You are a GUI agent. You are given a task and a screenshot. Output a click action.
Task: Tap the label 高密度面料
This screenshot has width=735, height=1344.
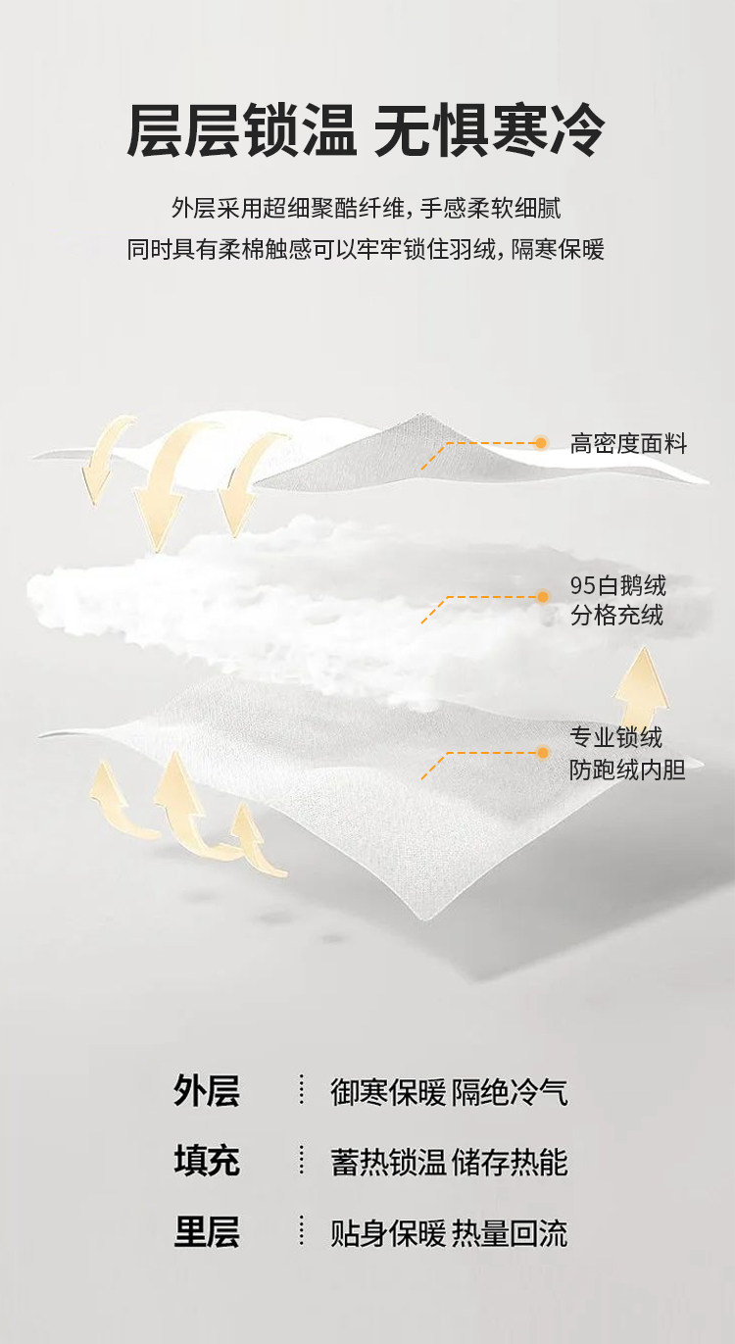pos(628,444)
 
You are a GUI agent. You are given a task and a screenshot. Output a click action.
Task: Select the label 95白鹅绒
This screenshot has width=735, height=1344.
pos(618,586)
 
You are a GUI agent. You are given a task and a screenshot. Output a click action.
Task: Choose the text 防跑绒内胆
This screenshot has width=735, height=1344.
pos(627,770)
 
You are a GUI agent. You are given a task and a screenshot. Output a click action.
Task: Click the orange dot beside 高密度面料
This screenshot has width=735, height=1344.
pos(541,443)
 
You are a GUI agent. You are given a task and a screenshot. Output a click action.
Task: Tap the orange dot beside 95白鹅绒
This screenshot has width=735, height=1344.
pos(541,596)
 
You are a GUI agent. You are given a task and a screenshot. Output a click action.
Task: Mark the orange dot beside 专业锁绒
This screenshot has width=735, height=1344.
pos(541,753)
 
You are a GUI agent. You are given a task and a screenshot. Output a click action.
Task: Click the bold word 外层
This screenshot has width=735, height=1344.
pos(207,1091)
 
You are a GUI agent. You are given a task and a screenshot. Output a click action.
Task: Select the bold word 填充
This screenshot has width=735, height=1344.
pos(207,1162)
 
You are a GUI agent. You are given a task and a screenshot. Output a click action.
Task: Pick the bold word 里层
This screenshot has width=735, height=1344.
pos(207,1232)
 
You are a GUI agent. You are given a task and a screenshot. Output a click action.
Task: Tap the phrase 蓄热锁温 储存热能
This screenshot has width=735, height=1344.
pos(449,1163)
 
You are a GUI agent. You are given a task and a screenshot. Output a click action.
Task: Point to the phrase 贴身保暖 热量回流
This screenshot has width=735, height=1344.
pos(449,1233)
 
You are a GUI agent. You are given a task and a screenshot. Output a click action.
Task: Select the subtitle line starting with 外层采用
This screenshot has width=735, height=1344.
pos(366,208)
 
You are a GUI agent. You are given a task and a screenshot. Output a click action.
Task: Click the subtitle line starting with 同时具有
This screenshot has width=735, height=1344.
pos(366,249)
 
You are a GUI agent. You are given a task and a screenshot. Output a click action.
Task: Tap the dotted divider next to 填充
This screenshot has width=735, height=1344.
pos(302,1162)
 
